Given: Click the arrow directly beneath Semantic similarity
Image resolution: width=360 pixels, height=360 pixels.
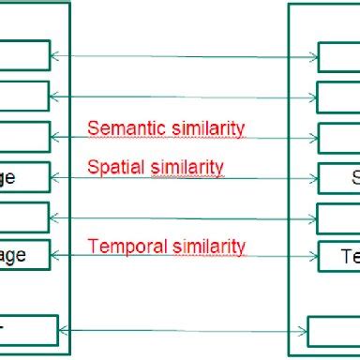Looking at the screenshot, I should click(x=184, y=138).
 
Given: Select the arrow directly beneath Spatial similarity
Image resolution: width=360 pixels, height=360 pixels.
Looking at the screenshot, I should click(x=184, y=177).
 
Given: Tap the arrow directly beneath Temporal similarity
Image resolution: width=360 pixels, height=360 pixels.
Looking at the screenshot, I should click(x=184, y=255).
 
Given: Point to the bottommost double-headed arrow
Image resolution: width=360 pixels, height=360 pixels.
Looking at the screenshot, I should click(x=184, y=330).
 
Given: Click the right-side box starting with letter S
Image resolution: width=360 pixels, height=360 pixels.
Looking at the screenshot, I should click(x=339, y=176).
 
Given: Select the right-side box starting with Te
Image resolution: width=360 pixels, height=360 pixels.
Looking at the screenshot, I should click(x=339, y=255).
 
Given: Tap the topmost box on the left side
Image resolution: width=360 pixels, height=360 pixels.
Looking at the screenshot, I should click(x=24, y=55).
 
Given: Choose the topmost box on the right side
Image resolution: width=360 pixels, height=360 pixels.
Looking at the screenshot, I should click(x=339, y=55).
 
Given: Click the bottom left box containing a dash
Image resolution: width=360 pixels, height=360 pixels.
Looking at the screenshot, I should click(x=28, y=329).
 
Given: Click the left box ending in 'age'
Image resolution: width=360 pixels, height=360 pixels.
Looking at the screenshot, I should click(x=24, y=176).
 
